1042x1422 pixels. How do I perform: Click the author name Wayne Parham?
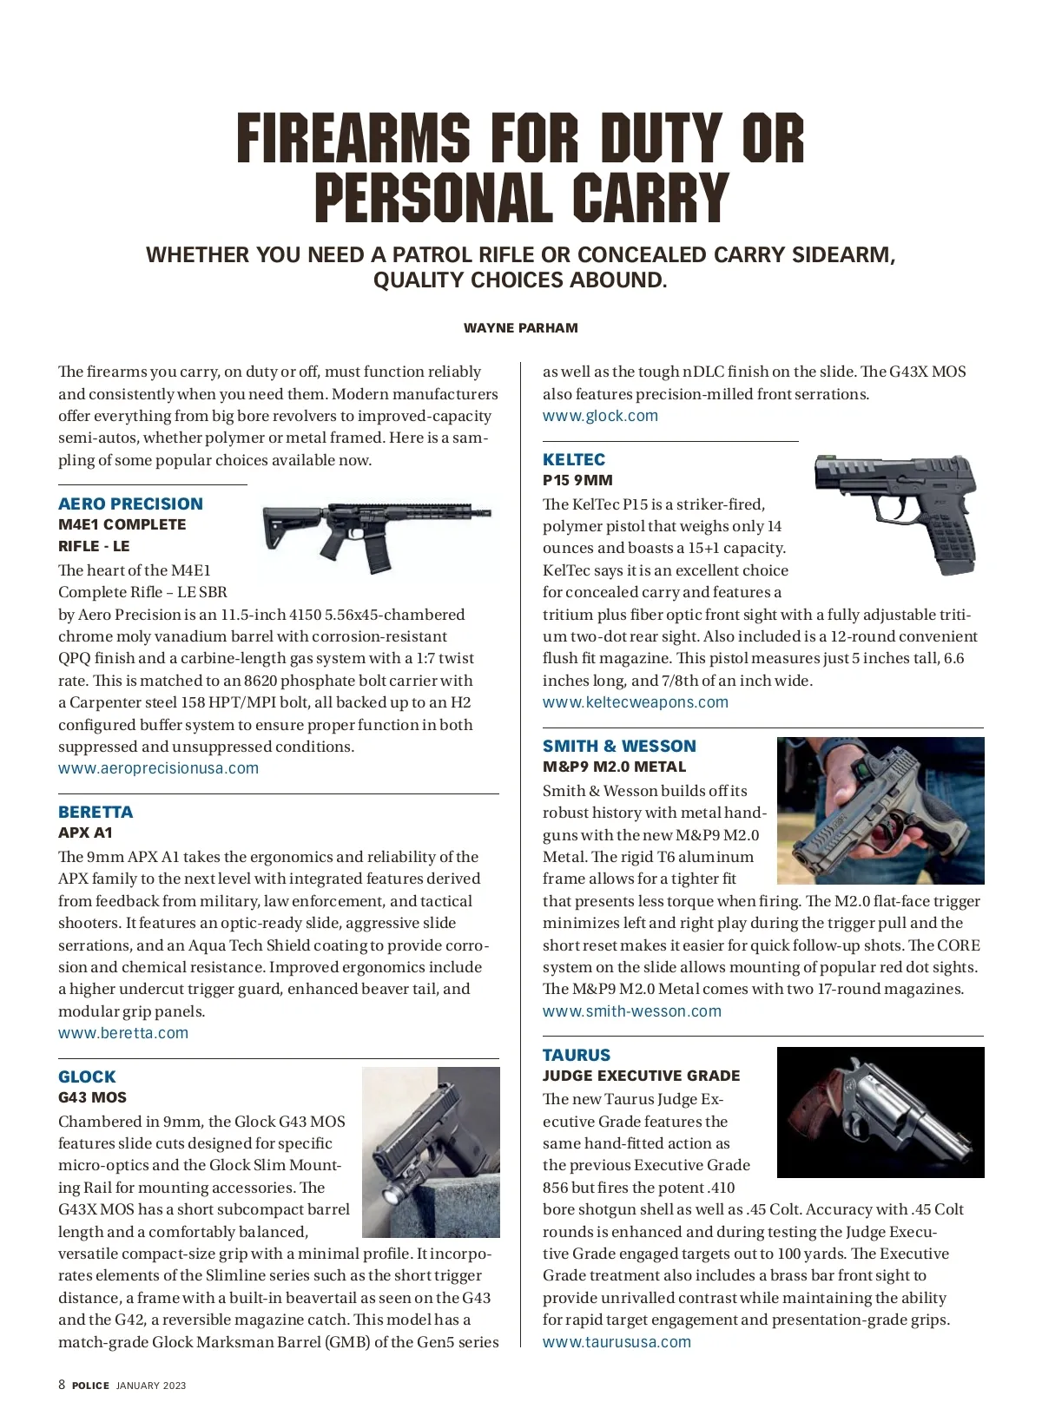(x=520, y=328)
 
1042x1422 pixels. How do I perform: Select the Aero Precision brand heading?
(x=130, y=504)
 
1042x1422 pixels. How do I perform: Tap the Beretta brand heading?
(x=96, y=812)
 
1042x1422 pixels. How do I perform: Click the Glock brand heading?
(x=87, y=1076)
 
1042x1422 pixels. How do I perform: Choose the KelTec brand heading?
(x=574, y=459)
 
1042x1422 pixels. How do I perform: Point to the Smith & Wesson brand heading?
(x=619, y=746)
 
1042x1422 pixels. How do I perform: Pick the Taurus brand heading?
(x=577, y=1055)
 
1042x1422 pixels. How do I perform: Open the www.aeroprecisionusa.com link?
(x=158, y=768)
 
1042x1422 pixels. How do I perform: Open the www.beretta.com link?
(x=123, y=1033)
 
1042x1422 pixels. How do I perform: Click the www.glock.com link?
(x=600, y=416)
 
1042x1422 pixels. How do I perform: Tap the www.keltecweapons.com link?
(x=636, y=702)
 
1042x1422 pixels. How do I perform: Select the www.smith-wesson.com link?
(x=632, y=1011)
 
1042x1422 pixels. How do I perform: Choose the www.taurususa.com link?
(x=617, y=1342)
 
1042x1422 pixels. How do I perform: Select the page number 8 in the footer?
(x=62, y=1385)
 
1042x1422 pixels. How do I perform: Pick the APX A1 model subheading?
(x=85, y=833)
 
